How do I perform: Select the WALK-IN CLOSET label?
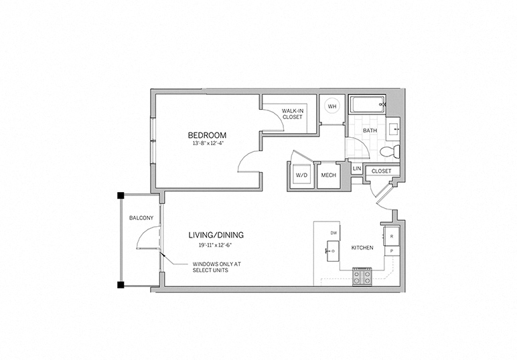tap(292, 113)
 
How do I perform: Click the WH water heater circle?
tap(331, 106)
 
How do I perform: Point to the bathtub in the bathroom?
tap(367, 105)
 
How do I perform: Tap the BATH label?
tap(370, 130)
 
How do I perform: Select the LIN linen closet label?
tap(356, 169)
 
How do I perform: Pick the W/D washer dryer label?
tap(301, 175)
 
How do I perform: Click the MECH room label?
tap(328, 175)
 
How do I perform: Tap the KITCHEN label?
tap(362, 248)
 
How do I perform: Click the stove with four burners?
tap(362, 276)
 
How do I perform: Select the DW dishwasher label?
tap(333, 232)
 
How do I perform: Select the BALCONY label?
tap(141, 218)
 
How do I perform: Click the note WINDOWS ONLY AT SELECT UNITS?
tap(216, 267)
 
